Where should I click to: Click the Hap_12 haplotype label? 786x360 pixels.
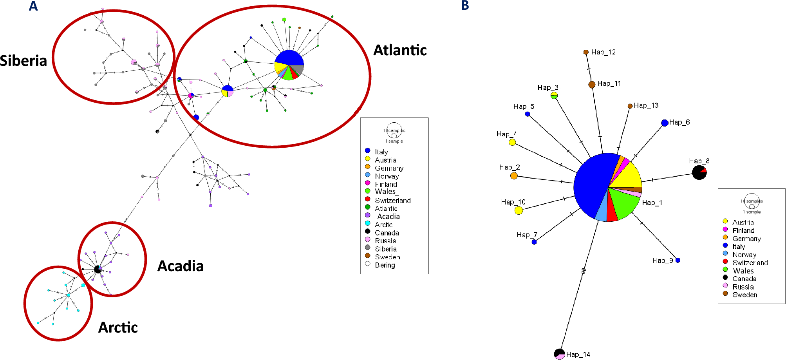tap(603, 52)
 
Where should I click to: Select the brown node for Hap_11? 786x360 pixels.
tap(592, 84)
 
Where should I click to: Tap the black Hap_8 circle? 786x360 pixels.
tap(699, 172)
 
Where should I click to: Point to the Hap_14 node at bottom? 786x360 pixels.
tap(560, 354)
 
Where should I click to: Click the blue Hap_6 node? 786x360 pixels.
tap(665, 123)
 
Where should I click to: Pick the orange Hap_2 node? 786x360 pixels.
tap(514, 176)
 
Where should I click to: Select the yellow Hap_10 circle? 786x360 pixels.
tap(519, 210)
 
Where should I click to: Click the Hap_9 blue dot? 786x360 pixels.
tap(678, 260)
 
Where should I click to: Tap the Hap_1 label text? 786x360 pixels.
tap(652, 203)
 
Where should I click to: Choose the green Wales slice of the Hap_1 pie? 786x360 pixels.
tap(623, 202)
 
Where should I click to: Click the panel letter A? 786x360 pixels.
tap(33, 6)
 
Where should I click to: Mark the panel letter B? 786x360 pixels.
tap(465, 5)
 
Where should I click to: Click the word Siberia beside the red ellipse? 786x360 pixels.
tap(23, 61)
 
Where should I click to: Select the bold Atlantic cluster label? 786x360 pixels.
tap(400, 50)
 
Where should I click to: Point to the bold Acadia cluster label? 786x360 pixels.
tap(180, 266)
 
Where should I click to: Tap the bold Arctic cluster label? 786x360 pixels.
tap(118, 327)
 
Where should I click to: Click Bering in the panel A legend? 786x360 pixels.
tap(385, 265)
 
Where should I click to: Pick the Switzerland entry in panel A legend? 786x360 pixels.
tap(392, 200)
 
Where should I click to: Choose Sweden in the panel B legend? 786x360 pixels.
tap(744, 295)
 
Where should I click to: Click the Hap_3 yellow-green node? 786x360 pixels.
tap(554, 96)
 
